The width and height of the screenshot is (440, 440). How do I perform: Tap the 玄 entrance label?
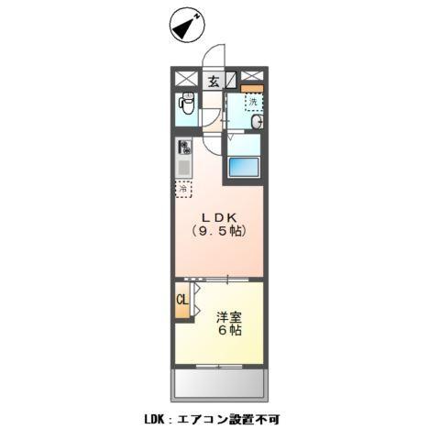click(213, 81)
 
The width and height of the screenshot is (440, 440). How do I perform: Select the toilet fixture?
click(186, 104)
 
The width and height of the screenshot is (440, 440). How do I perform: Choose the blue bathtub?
click(244, 167)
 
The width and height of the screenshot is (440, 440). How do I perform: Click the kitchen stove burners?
click(184, 147)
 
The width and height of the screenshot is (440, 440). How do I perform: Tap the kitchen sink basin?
click(184, 168)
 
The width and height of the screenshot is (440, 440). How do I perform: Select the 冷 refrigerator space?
click(184, 190)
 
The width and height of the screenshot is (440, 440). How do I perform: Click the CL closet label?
click(181, 300)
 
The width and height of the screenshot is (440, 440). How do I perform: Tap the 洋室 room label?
click(229, 316)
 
